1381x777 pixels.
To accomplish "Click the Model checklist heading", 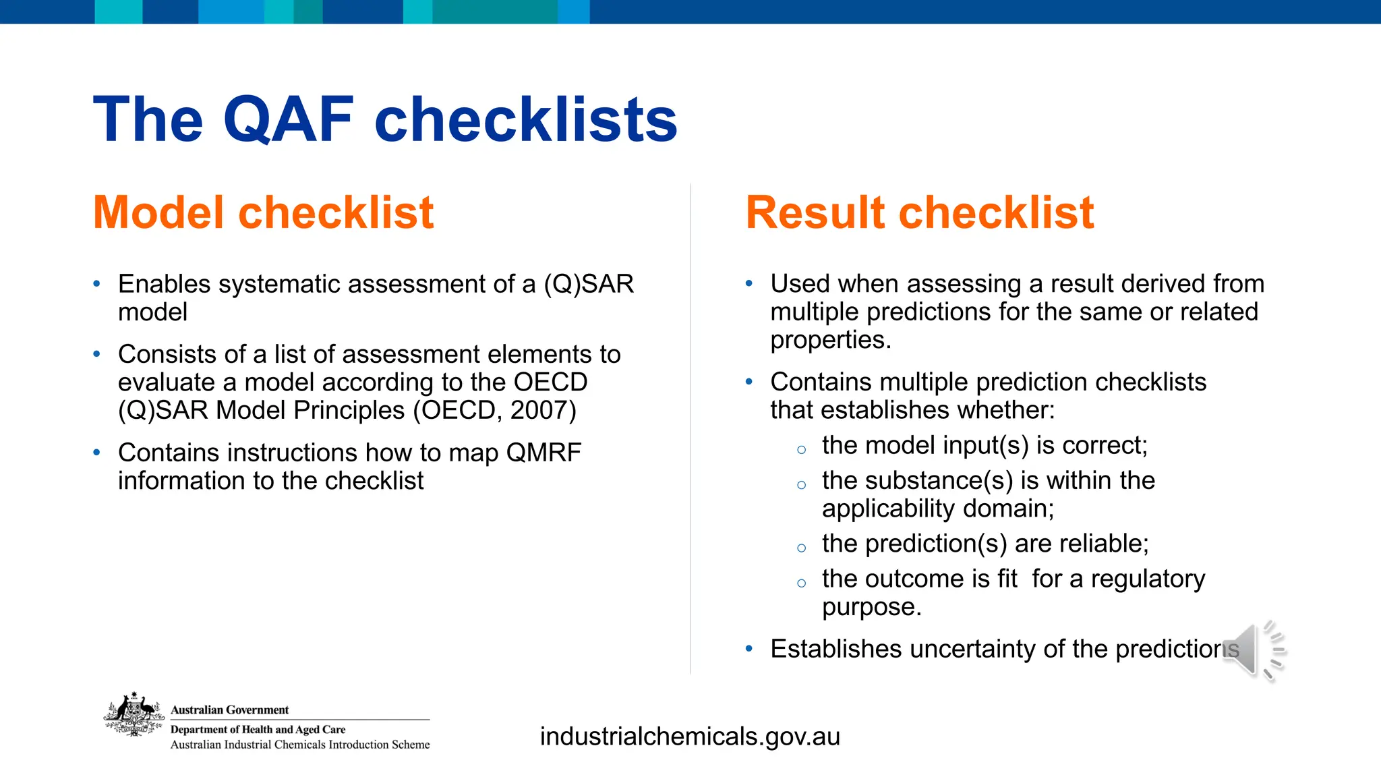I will click(263, 212).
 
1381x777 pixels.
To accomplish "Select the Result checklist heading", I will click(919, 212).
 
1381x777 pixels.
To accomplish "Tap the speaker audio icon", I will click(1253, 650).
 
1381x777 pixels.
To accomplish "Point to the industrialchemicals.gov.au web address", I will click(690, 737).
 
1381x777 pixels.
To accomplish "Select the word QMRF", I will click(543, 453).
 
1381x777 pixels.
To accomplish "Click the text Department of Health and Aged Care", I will click(258, 730).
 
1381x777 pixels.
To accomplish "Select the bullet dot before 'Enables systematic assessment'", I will click(97, 284).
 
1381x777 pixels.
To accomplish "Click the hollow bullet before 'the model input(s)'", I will click(801, 450).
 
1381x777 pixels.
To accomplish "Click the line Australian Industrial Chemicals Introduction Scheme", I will click(299, 745).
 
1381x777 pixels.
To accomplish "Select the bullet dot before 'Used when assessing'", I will click(749, 284).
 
